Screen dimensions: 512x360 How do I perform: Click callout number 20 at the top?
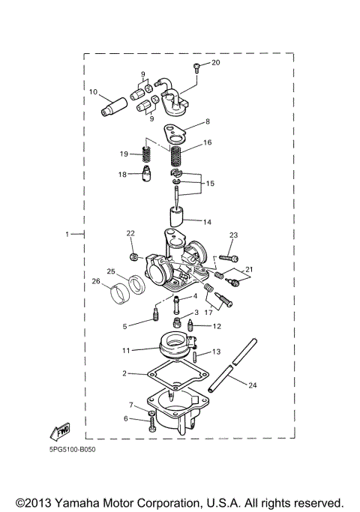(x=217, y=63)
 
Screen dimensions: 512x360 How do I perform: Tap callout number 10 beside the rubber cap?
(x=94, y=92)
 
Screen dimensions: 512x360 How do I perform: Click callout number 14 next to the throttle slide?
(x=208, y=222)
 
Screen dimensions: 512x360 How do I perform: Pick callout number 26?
(x=95, y=281)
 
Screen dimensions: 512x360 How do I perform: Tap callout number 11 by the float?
(x=126, y=350)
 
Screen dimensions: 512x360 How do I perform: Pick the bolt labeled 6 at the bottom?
(x=153, y=425)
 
